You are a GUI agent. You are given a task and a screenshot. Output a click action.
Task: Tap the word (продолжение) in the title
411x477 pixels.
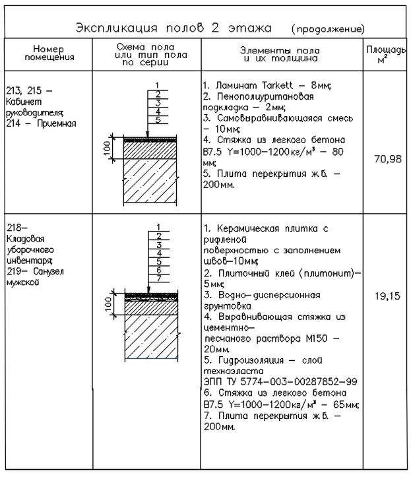[x=327, y=30]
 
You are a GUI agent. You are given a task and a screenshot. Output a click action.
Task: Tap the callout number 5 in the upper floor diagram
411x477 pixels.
[x=158, y=119]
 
